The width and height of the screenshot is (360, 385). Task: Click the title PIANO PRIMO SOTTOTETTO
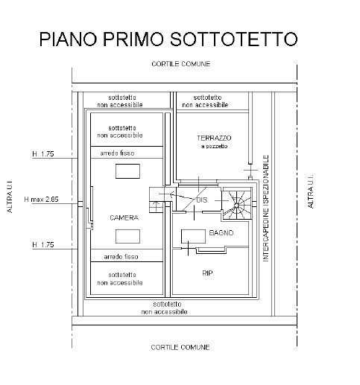(168, 39)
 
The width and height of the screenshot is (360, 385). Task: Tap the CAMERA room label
(124, 217)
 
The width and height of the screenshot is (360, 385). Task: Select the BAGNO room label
(221, 232)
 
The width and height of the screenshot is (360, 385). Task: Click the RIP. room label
(208, 273)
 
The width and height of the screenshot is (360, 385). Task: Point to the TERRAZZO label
(214, 138)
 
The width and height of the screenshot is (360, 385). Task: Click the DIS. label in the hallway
(203, 200)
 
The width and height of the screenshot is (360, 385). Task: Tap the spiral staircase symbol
(236, 205)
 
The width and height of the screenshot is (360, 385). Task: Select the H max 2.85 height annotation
(41, 199)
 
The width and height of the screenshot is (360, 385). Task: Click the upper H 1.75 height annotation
(43, 154)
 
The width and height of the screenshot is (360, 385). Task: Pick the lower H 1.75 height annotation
(43, 245)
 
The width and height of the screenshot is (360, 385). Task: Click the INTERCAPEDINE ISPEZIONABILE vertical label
(266, 208)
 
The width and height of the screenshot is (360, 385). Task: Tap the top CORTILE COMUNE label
(180, 64)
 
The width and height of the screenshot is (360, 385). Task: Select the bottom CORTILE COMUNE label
(180, 347)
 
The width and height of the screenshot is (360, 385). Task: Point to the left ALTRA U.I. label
(10, 196)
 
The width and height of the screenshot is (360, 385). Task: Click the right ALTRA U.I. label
(310, 191)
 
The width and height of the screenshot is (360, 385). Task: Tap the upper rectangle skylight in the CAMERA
(127, 171)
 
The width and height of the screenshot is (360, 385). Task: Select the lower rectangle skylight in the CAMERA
(127, 236)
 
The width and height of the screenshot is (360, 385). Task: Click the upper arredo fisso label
(117, 153)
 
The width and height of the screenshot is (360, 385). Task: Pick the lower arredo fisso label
(121, 256)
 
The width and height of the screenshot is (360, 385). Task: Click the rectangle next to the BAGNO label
(193, 237)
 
